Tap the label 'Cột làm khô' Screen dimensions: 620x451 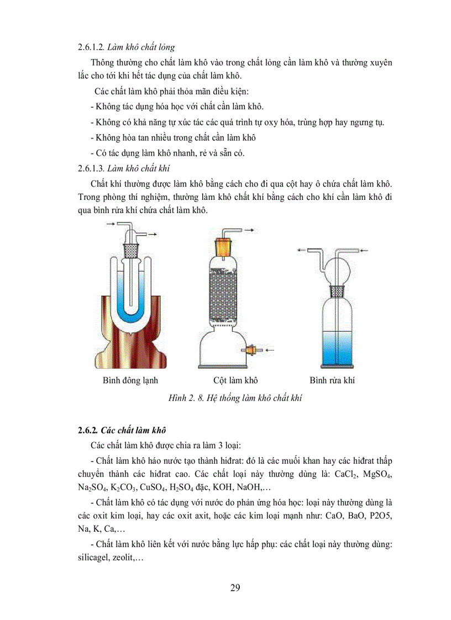point(236,380)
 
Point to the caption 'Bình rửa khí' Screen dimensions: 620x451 point(332,380)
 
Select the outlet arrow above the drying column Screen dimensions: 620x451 point(250,229)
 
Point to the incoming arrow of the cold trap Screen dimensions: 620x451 point(110,224)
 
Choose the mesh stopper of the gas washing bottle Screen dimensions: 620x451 point(337,291)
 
